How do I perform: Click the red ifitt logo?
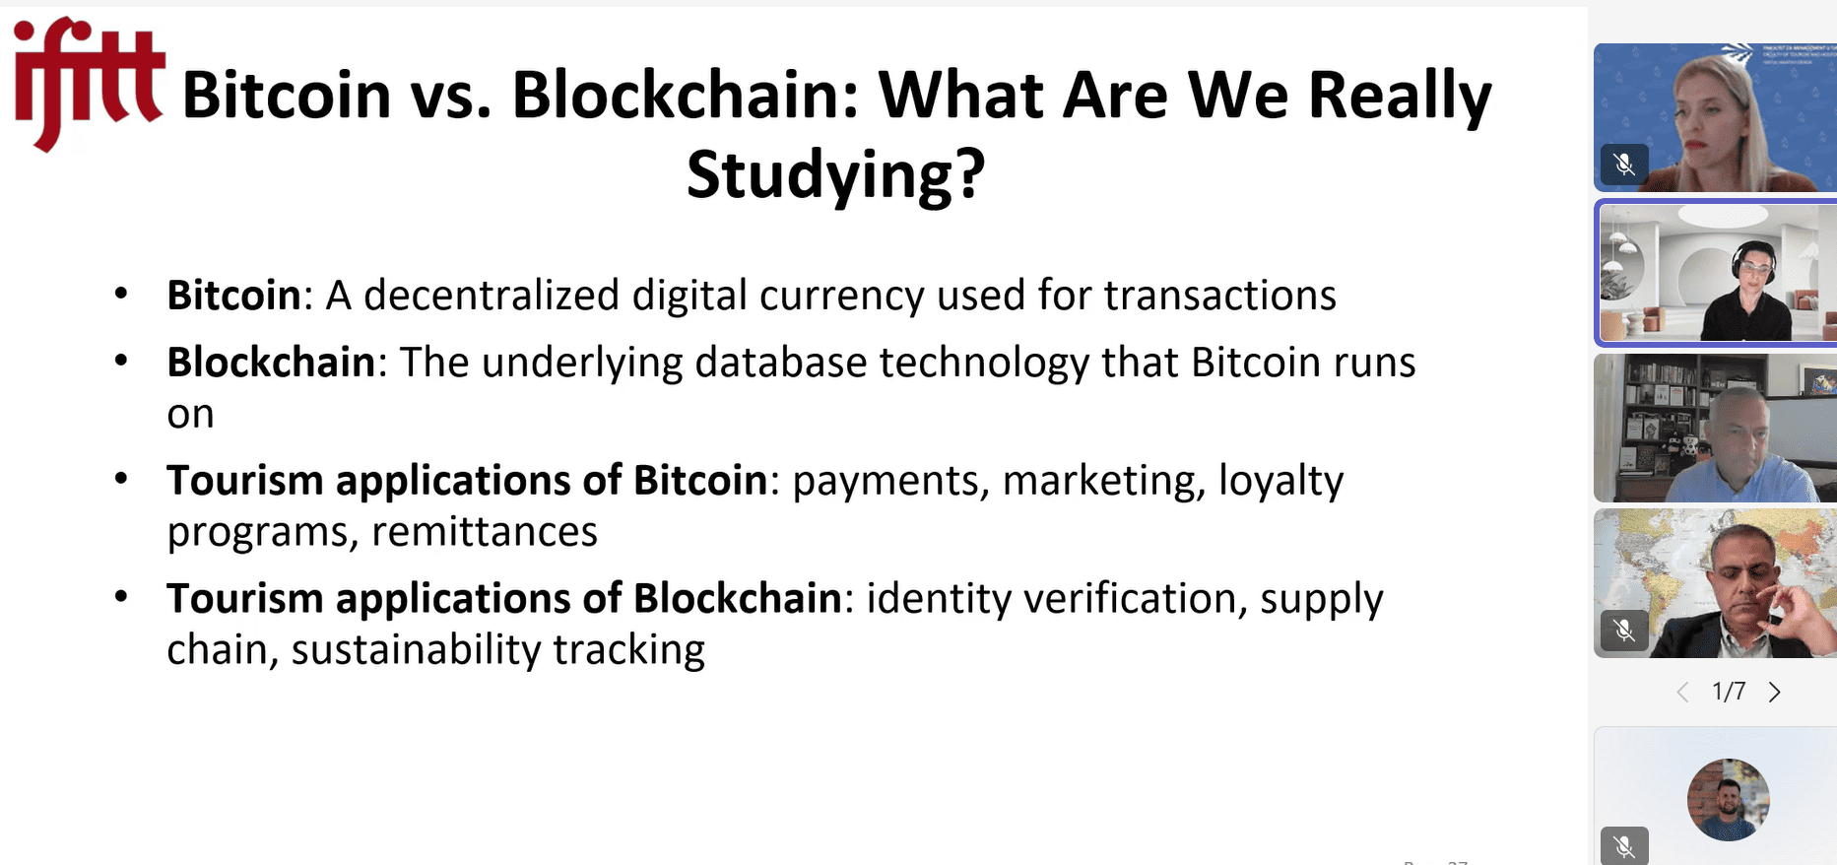pyautogui.click(x=88, y=83)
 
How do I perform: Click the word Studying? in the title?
pyautogui.click(x=836, y=174)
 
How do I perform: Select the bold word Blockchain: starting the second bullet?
pyautogui.click(x=277, y=362)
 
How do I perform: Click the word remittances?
pyautogui.click(x=485, y=532)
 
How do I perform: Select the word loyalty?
pyautogui.click(x=1281, y=482)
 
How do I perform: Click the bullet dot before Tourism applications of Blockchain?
pyautogui.click(x=121, y=596)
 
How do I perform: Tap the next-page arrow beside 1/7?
pyautogui.click(x=1775, y=693)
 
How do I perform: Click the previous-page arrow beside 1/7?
pyautogui.click(x=1682, y=693)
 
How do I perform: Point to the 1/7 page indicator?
pyautogui.click(x=1729, y=692)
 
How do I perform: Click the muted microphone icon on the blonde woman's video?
pyautogui.click(x=1624, y=165)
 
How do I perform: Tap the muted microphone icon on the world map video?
pyautogui.click(x=1624, y=630)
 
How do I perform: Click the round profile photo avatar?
pyautogui.click(x=1729, y=799)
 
